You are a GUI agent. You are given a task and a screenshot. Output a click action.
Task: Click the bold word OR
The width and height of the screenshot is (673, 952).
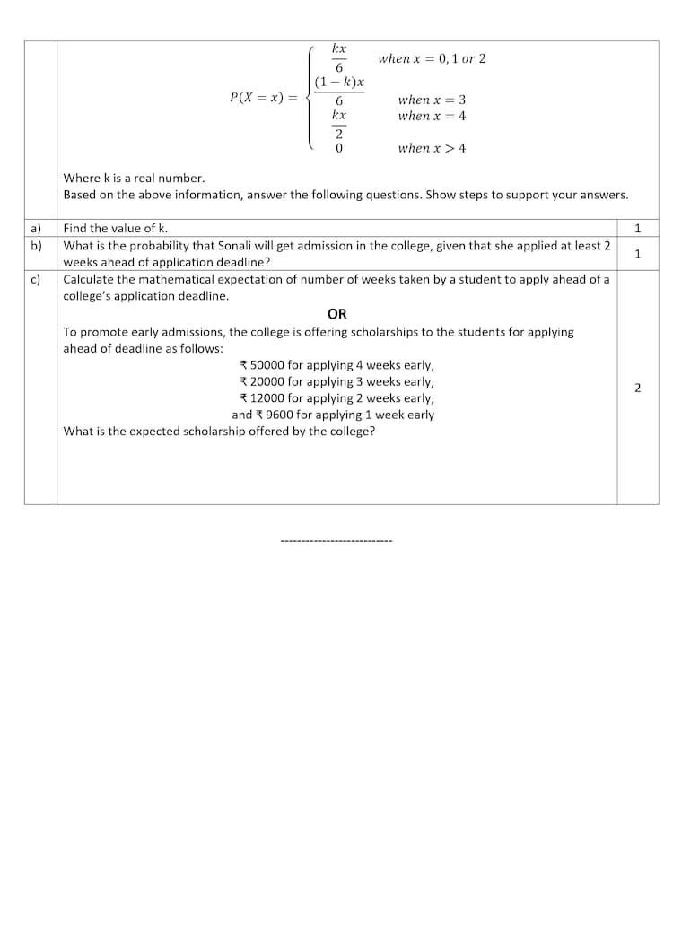(x=337, y=313)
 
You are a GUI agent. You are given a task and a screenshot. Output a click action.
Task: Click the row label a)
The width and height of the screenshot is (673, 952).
(x=37, y=228)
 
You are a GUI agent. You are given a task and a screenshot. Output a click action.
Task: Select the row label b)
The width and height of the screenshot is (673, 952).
(x=37, y=245)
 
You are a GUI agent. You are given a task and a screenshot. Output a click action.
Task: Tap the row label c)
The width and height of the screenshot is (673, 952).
(x=36, y=279)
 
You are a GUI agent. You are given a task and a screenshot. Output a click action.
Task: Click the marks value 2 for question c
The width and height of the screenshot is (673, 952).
(x=637, y=388)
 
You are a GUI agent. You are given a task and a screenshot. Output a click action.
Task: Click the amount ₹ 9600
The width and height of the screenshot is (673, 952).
(x=273, y=415)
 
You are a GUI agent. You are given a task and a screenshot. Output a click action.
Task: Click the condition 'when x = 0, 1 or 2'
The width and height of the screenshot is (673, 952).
(x=432, y=58)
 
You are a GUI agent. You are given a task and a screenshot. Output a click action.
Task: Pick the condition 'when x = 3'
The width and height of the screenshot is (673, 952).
(x=432, y=100)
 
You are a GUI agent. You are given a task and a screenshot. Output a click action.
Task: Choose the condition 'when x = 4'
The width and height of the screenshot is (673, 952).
(x=432, y=116)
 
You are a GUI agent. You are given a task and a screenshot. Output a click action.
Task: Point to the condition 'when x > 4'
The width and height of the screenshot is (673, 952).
(x=432, y=148)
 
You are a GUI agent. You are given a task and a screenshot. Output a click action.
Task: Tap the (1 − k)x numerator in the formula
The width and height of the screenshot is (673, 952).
(x=339, y=82)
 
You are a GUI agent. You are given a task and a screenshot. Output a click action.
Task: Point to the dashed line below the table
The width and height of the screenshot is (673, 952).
(x=336, y=541)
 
